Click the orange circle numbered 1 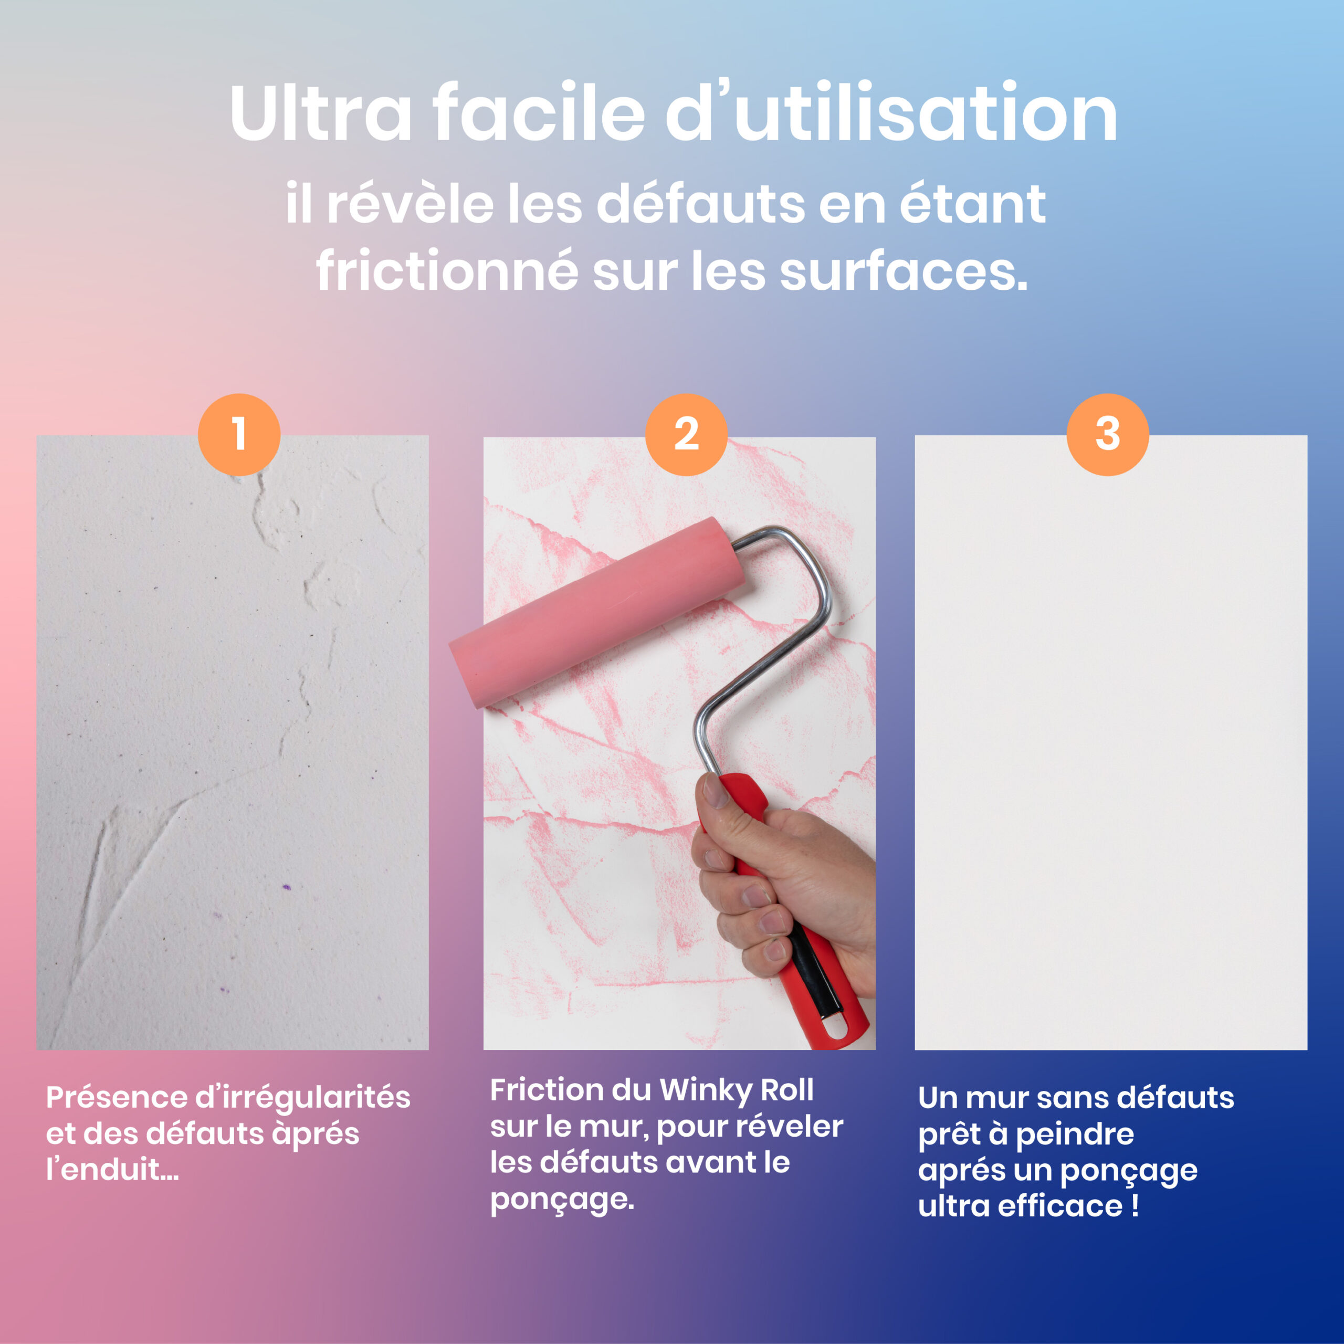(239, 435)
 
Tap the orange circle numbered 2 (686, 435)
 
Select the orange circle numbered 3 (1107, 435)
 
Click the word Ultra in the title (321, 113)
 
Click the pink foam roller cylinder (597, 612)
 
